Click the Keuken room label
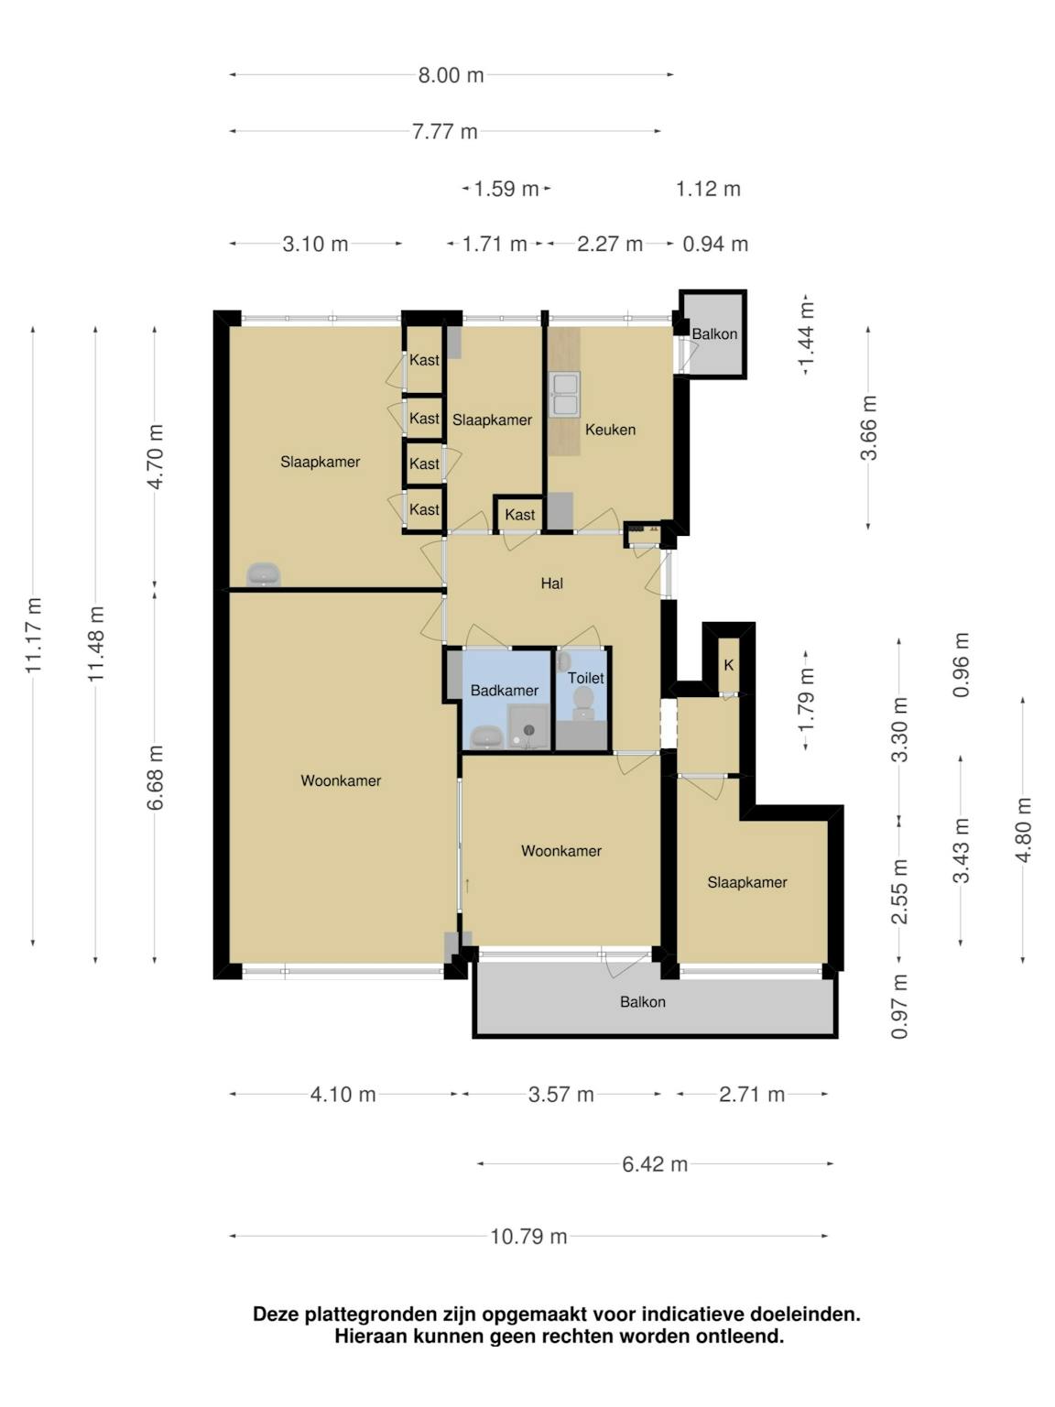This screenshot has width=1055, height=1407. pyautogui.click(x=610, y=430)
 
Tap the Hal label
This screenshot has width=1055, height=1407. pyautogui.click(x=551, y=584)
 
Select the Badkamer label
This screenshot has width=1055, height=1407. pyautogui.click(x=504, y=691)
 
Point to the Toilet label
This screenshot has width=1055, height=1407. pyautogui.click(x=585, y=678)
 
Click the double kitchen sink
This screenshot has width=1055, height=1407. pyautogui.click(x=565, y=394)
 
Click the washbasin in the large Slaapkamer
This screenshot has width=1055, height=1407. pyautogui.click(x=263, y=573)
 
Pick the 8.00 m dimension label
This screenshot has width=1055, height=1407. pyautogui.click(x=451, y=76)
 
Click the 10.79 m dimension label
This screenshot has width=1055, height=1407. pyautogui.click(x=528, y=1237)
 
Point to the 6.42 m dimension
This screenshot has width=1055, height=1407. pyautogui.click(x=655, y=1164)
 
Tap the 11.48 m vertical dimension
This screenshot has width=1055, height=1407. pyautogui.click(x=95, y=644)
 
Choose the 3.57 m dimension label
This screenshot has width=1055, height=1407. pyautogui.click(x=561, y=1095)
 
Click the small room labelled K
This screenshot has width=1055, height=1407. pyautogui.click(x=728, y=665)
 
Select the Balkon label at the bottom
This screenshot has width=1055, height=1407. pyautogui.click(x=643, y=1002)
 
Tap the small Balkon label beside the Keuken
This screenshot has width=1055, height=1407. pyautogui.click(x=714, y=334)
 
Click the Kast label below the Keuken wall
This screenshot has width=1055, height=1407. pyautogui.click(x=519, y=515)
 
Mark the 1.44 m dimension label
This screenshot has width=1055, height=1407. pyautogui.click(x=807, y=335)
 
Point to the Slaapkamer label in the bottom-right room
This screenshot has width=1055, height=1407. pyautogui.click(x=747, y=883)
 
